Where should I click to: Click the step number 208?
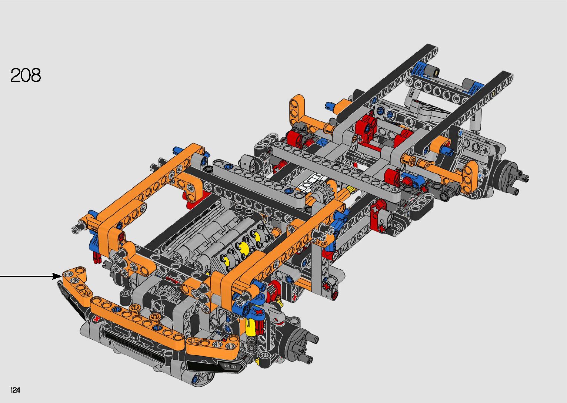pos(26,75)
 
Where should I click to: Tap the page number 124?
pos(15,390)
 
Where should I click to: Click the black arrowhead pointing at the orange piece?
pos(57,276)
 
